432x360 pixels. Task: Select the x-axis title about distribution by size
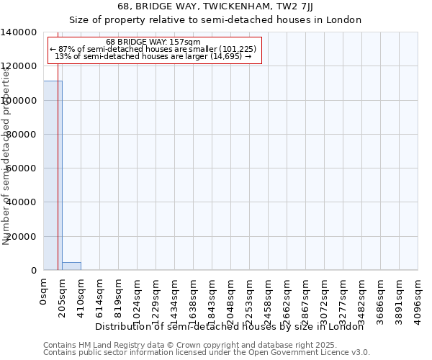(x=230, y=327)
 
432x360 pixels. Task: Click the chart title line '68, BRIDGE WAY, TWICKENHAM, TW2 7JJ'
(x=215, y=6)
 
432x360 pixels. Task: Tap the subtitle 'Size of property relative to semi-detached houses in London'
(x=215, y=19)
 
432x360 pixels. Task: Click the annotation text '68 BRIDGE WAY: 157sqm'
(x=153, y=42)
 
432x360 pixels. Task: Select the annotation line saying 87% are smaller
(x=153, y=49)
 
